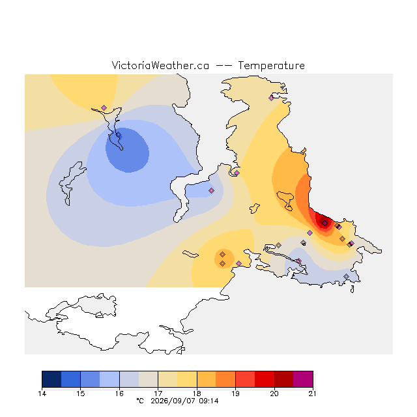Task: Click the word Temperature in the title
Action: pyautogui.click(x=271, y=66)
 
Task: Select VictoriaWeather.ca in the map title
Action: pyautogui.click(x=160, y=66)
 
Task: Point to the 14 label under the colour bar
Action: pyautogui.click(x=42, y=394)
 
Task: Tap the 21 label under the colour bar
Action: pyautogui.click(x=313, y=394)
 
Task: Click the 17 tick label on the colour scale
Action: pyautogui.click(x=158, y=394)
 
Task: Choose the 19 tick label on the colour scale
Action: pyautogui.click(x=235, y=394)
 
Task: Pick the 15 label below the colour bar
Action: pyautogui.click(x=81, y=394)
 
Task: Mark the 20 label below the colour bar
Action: pyautogui.click(x=274, y=394)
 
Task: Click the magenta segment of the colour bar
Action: pyautogui.click(x=303, y=379)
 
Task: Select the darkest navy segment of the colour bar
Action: pyautogui.click(x=51, y=379)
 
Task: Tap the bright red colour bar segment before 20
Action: pyautogui.click(x=265, y=379)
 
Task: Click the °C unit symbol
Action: pyautogui.click(x=140, y=401)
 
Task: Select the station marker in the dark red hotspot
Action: pyautogui.click(x=324, y=223)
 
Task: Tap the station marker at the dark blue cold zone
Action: pyautogui.click(x=119, y=135)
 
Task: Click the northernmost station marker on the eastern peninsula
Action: pyautogui.click(x=271, y=98)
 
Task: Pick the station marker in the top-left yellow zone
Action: pyautogui.click(x=104, y=108)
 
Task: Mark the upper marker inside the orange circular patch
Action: pyautogui.click(x=223, y=255)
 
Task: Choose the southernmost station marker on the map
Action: pyautogui.click(x=346, y=276)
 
